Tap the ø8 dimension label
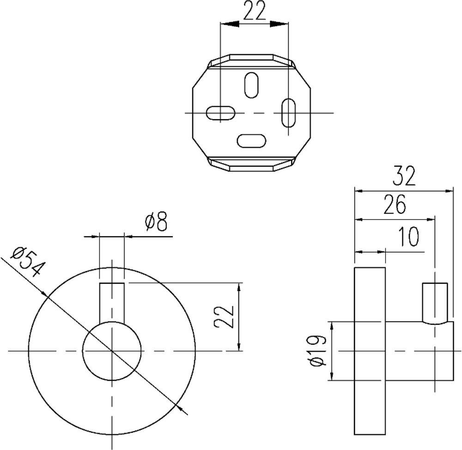(155, 223)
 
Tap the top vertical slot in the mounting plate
(251, 85)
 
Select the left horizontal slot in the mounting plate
(220, 113)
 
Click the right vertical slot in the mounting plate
(289, 112)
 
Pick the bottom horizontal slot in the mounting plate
(251, 140)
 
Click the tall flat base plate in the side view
(370, 351)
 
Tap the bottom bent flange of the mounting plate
(251, 164)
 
